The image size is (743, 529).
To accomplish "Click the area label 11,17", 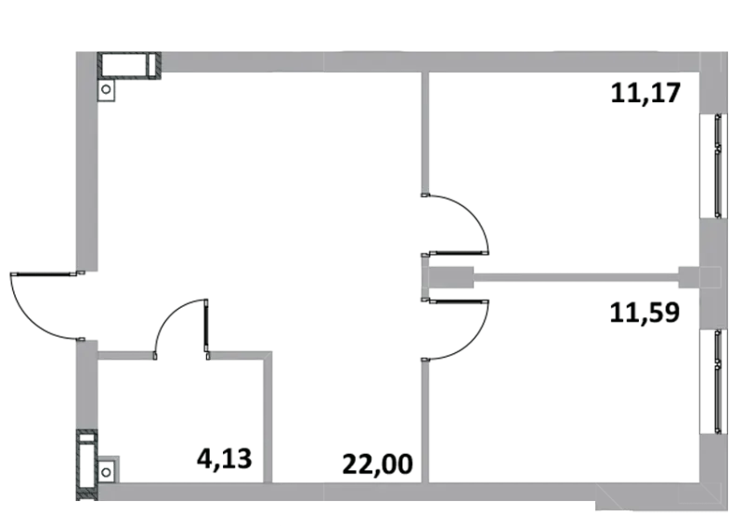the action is click(x=645, y=93).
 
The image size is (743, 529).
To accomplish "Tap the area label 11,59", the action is click(x=645, y=312).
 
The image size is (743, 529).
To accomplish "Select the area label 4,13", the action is click(x=224, y=458).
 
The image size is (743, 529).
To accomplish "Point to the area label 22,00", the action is click(x=377, y=464).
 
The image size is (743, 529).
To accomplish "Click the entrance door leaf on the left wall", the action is click(x=44, y=273).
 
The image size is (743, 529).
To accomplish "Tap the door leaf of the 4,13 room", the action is click(x=206, y=325).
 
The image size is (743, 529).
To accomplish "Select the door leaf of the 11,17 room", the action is click(x=458, y=253).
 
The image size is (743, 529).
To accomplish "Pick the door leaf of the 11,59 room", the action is click(x=458, y=301).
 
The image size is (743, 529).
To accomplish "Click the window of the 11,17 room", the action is click(x=719, y=166).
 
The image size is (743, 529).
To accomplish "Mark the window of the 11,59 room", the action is click(x=719, y=381).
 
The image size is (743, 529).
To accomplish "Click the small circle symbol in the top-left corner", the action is click(x=106, y=89).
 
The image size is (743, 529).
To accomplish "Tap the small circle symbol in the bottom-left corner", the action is click(x=106, y=472).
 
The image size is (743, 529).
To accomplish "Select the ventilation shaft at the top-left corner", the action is click(x=129, y=65).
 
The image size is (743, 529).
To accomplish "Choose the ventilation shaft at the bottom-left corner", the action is click(x=86, y=465).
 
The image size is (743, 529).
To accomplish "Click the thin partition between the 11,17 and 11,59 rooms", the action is click(x=576, y=278).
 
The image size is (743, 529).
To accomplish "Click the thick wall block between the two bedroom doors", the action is click(x=448, y=277).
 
